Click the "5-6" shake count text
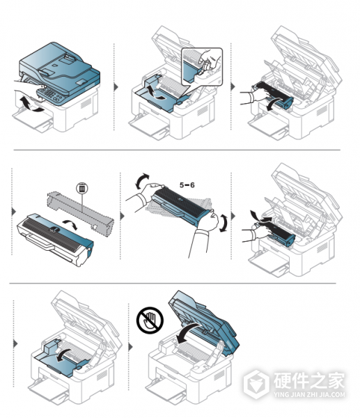point(187,185)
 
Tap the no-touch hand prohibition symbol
point(150,320)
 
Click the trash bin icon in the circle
point(82,189)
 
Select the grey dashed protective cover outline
point(80,211)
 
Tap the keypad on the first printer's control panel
point(50,94)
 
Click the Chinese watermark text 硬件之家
point(308,380)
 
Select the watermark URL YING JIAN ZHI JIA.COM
point(309,394)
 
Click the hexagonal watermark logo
point(256,384)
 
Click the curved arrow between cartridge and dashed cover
point(70,224)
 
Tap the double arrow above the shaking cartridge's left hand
point(142,180)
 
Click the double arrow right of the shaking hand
point(224,223)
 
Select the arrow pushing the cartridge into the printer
point(262,216)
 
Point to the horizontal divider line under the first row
point(177,150)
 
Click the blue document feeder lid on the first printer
point(59,68)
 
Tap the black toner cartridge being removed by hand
point(274,95)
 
